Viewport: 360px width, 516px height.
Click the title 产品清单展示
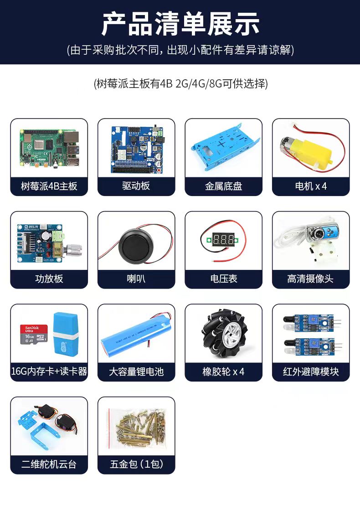(x=180, y=24)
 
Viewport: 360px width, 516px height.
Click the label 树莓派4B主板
(x=49, y=186)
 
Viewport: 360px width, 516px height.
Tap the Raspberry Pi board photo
(x=50, y=148)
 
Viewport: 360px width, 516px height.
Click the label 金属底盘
(x=223, y=186)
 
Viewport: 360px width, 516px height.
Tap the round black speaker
(x=136, y=246)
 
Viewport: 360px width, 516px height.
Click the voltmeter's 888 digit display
(x=223, y=239)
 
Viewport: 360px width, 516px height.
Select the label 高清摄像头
(x=310, y=279)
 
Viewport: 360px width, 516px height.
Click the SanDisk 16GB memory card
(x=34, y=334)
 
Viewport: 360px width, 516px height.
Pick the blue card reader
(x=66, y=334)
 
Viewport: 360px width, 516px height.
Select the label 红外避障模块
(x=311, y=372)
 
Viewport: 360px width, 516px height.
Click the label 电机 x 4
(x=311, y=186)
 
